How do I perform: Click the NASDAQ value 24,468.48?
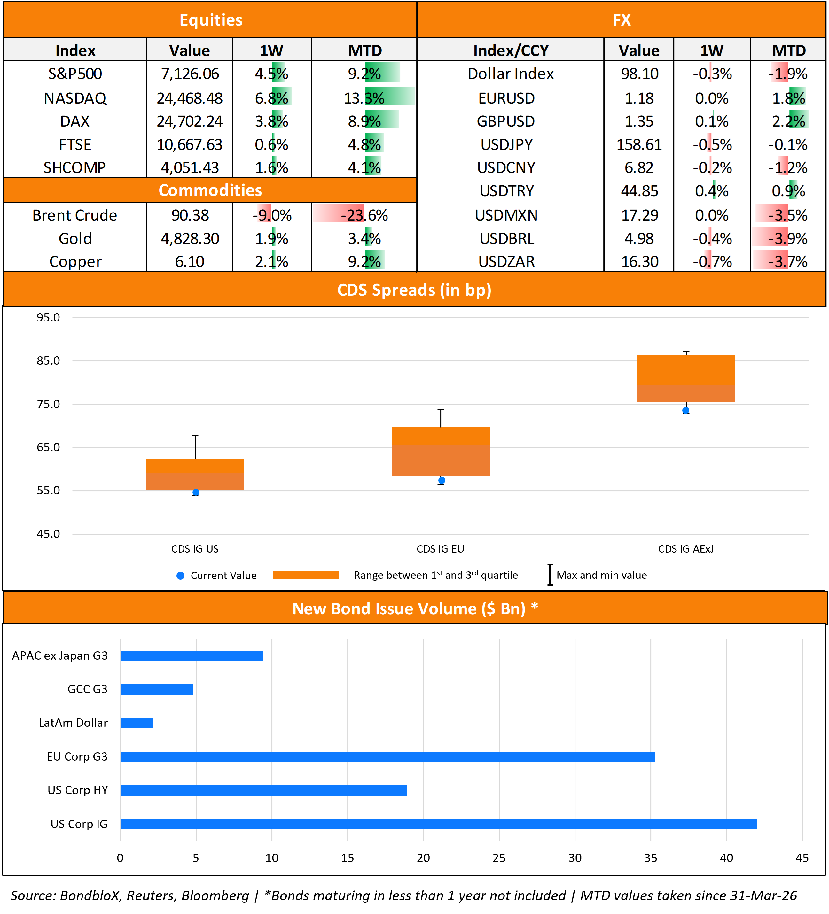190,98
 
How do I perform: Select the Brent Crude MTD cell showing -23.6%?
364,215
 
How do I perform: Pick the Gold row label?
75,238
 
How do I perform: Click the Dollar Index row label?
510,74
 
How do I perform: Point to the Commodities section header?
210,190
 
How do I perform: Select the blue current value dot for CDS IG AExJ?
686,410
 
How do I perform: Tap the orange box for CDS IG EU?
440,451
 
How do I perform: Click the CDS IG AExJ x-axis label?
686,549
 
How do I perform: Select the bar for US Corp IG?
438,824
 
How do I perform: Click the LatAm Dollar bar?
137,723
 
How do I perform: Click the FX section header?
621,20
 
